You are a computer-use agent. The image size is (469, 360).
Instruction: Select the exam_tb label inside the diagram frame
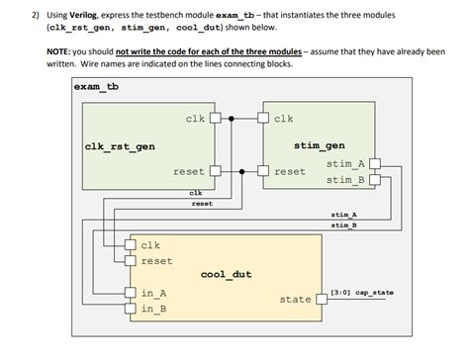tap(99, 86)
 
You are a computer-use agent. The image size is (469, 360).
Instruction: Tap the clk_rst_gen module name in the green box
tap(120, 147)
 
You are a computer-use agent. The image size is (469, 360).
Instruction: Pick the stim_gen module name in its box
tap(320, 147)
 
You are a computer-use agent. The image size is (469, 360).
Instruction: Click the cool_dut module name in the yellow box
tap(228, 274)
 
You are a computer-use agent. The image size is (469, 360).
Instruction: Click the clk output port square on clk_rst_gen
tap(213, 120)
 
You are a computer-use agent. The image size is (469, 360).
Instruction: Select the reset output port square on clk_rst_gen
tap(213, 171)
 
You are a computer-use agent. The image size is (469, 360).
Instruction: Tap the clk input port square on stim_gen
tap(264, 120)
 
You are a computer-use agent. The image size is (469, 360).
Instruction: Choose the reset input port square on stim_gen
tap(264, 171)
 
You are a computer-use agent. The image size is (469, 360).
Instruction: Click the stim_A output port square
tap(373, 164)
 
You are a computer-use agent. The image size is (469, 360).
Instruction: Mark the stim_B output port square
tap(373, 180)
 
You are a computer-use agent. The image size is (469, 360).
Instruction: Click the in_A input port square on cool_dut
tap(131, 294)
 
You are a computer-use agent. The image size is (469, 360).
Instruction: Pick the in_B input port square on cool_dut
tap(131, 310)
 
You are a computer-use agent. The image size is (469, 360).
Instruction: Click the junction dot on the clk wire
tap(232, 120)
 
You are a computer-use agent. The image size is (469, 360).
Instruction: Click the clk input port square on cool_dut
tap(131, 245)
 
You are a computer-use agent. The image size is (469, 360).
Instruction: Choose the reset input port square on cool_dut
tap(131, 261)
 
